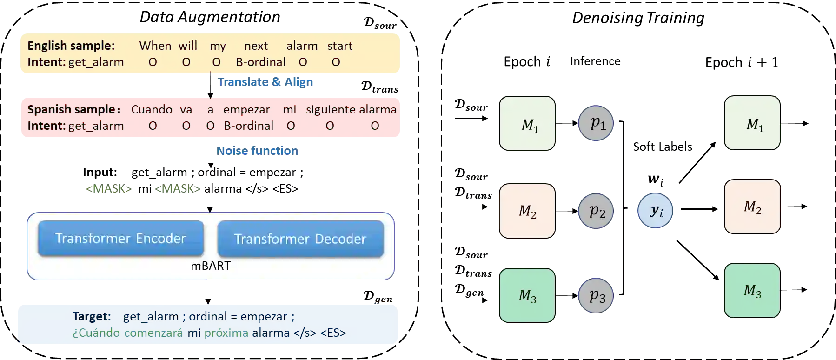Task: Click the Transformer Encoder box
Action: click(120, 238)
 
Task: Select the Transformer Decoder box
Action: click(300, 239)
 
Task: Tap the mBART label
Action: click(211, 266)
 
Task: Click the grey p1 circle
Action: click(596, 123)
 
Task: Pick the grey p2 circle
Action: click(596, 211)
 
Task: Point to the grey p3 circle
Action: click(596, 295)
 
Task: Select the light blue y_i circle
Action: click(655, 211)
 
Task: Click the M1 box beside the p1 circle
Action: click(527, 124)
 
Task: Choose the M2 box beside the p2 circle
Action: click(527, 211)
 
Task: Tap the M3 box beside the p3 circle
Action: click(527, 295)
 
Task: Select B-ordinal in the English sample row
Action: click(260, 62)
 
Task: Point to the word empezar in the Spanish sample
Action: click(246, 110)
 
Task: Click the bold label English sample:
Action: click(71, 46)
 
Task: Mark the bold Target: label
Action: click(92, 317)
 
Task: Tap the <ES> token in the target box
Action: click(333, 333)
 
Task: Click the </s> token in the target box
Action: click(305, 333)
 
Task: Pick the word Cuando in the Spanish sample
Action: click(152, 110)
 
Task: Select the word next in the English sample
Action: click(256, 46)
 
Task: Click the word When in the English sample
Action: click(155, 46)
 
